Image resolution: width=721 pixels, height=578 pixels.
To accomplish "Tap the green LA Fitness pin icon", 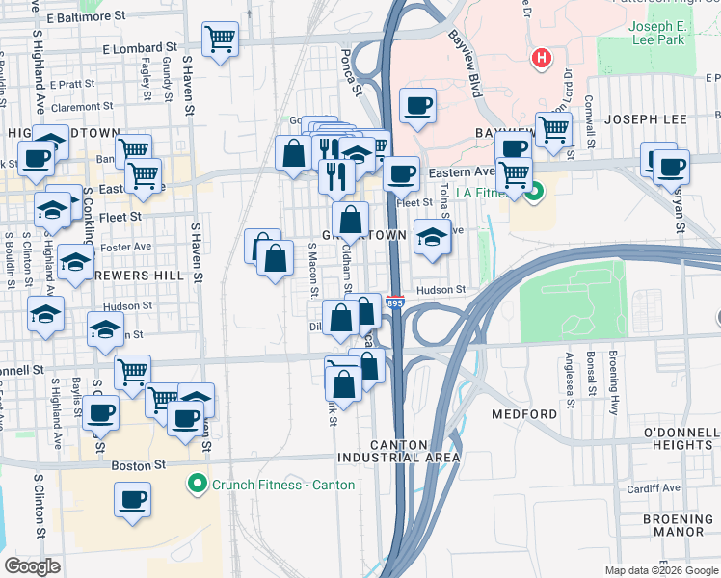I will [x=529, y=191].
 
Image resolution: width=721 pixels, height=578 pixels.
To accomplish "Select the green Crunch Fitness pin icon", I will [x=199, y=484].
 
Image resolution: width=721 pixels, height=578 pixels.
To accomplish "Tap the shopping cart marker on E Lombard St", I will [x=221, y=39].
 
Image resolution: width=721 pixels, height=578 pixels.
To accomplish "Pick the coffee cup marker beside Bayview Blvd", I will [x=417, y=106].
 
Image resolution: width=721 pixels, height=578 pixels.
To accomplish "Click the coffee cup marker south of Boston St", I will [x=133, y=500].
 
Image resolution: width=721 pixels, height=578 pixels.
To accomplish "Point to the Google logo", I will [x=33, y=565].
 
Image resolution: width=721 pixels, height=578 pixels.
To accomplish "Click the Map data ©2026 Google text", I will [x=660, y=570].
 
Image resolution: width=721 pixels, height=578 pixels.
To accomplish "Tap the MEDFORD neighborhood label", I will [x=524, y=414].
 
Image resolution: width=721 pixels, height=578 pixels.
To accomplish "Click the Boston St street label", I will [x=132, y=465].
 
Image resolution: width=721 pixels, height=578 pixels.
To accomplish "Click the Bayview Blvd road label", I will [x=464, y=61].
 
